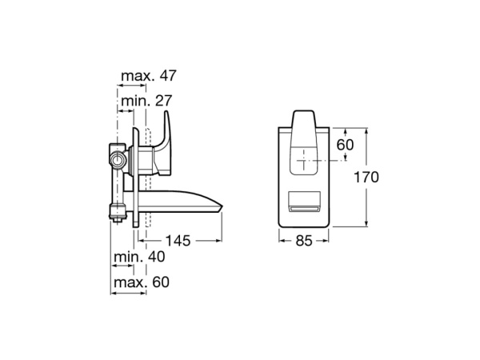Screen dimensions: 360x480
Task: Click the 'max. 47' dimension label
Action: click(x=148, y=76)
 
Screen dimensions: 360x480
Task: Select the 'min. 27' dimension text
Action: click(x=146, y=101)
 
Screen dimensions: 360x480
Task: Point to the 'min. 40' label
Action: click(x=141, y=257)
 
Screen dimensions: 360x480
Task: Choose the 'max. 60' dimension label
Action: click(x=141, y=282)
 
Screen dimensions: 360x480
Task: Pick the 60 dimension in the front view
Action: click(x=345, y=145)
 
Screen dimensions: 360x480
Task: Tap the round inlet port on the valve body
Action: click(x=119, y=159)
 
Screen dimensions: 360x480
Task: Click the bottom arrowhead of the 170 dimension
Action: click(x=367, y=226)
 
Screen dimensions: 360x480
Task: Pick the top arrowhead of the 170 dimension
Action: click(x=367, y=129)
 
